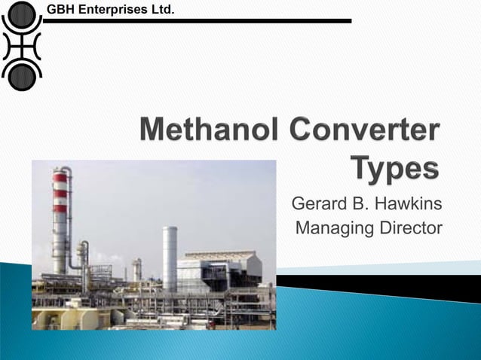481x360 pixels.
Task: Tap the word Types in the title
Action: click(395, 167)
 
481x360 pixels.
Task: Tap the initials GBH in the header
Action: click(62, 10)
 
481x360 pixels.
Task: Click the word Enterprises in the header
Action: click(112, 10)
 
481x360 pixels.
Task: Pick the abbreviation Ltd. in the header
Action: click(162, 10)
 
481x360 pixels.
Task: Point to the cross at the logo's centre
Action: click(22, 44)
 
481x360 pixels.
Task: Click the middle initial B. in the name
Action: click(363, 204)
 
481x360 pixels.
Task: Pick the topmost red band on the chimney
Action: click(60, 178)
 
